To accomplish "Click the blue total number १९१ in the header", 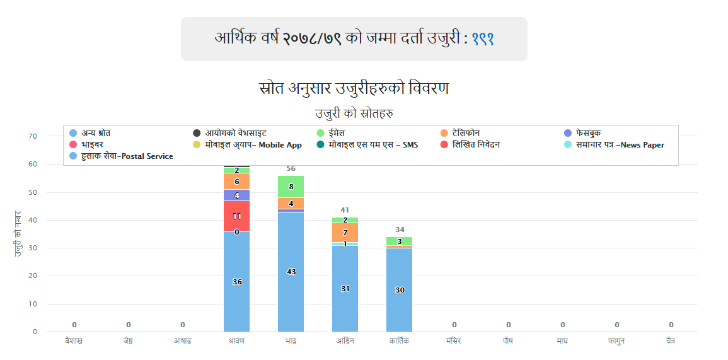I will [482, 38].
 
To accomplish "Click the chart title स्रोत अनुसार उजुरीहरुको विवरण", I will [354, 88].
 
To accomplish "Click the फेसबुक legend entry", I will [587, 133].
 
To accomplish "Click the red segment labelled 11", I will [237, 216].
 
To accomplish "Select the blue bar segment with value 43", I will [291, 272].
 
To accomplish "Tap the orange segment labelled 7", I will [345, 233].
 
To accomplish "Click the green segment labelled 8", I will [291, 187].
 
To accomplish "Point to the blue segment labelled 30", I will [399, 289].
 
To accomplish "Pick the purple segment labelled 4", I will [237, 195].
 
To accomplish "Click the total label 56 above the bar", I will [291, 168].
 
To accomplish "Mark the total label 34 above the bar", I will [400, 229].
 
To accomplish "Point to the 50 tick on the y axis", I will [33, 192].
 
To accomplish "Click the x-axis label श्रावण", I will [237, 341].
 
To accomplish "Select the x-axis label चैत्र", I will [671, 341].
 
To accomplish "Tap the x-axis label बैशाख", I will [74, 341].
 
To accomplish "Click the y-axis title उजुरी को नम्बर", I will [18, 233].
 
